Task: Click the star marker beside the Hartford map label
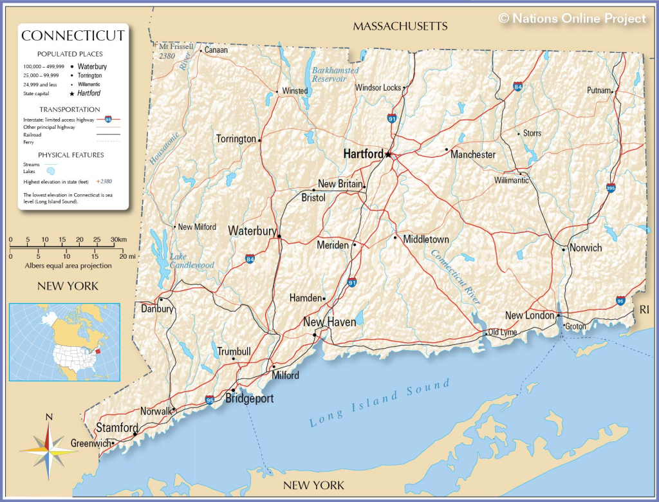388,154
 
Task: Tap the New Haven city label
329,322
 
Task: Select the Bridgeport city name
249,399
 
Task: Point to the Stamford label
117,427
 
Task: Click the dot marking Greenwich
113,443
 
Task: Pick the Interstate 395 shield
610,188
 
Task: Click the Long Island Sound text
380,404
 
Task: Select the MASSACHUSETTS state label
400,26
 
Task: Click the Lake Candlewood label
191,261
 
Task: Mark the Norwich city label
586,248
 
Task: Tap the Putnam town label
598,91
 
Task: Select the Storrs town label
532,133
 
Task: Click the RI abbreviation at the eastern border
644,310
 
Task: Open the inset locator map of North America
64,342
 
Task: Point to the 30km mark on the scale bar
118,239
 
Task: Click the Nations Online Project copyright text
572,19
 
